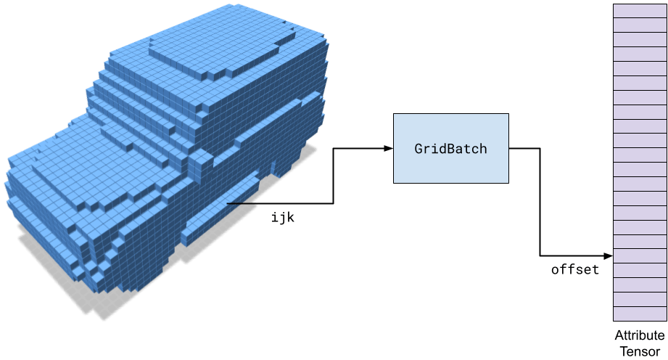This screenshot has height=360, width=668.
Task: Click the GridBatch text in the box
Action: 450,149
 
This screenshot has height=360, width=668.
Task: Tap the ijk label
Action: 283,217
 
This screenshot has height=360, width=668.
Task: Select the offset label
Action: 575,269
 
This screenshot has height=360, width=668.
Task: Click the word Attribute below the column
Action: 640,335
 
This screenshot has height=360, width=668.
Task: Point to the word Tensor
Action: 640,352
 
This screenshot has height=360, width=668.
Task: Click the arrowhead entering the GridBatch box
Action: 388,149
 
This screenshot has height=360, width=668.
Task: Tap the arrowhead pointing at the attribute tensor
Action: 609,256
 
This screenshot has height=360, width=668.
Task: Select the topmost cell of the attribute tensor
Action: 640,11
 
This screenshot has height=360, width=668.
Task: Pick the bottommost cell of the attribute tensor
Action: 640,314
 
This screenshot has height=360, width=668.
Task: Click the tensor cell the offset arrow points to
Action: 640,256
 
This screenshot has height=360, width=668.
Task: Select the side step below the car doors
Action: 220,209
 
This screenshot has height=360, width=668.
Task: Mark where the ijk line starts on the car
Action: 228,203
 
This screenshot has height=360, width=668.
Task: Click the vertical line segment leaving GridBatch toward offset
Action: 540,202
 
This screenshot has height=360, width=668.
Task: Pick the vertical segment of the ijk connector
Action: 333,176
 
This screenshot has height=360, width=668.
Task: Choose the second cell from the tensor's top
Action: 640,25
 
